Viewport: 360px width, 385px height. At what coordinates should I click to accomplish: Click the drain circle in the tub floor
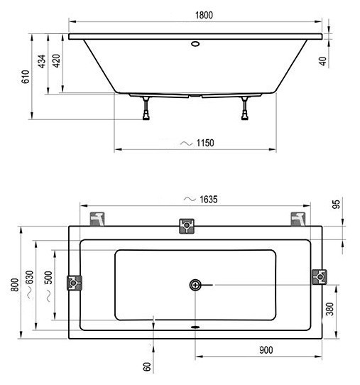(195, 286)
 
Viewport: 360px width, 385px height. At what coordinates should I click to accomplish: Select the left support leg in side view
(146, 107)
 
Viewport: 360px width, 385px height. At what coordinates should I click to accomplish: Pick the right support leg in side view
(246, 107)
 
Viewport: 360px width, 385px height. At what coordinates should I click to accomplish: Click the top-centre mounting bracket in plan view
(187, 226)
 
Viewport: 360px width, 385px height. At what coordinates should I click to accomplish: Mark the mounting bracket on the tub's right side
(320, 278)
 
